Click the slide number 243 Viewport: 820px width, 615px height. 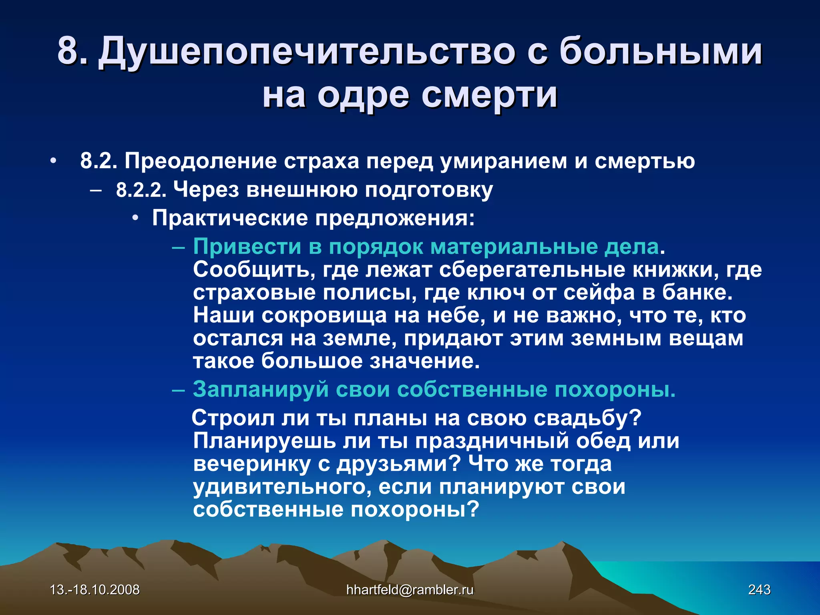759,589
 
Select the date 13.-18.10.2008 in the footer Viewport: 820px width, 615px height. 94,589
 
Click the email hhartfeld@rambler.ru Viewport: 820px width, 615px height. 410,589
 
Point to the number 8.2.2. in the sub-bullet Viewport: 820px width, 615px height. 141,190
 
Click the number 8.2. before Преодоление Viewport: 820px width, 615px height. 98,161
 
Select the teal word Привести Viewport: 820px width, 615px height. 247,247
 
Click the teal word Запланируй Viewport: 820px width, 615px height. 261,389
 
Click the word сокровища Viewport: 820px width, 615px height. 324,316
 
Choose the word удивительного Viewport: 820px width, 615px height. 282,487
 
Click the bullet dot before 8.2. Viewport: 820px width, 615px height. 53,161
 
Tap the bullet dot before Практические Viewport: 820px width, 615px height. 136,219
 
